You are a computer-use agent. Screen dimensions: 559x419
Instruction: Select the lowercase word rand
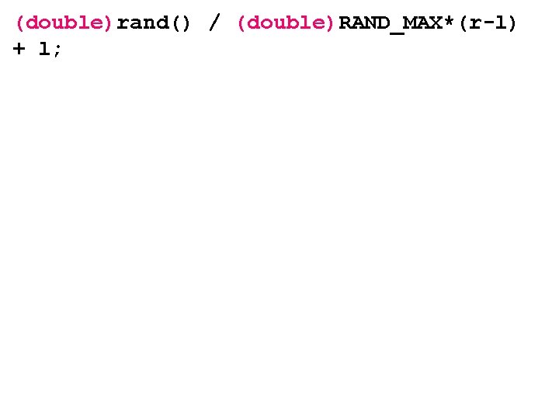(x=144, y=23)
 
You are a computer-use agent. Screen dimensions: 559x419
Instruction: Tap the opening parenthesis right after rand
(x=176, y=23)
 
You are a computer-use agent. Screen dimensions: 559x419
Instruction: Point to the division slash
(x=214, y=23)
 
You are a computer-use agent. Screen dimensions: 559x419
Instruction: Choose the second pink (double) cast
(x=286, y=23)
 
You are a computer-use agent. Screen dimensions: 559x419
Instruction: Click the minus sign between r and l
(x=487, y=24)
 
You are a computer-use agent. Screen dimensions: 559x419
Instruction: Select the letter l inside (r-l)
(x=499, y=23)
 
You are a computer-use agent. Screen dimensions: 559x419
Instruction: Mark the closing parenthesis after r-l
(x=511, y=23)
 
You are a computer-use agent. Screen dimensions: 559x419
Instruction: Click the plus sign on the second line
(x=19, y=49)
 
